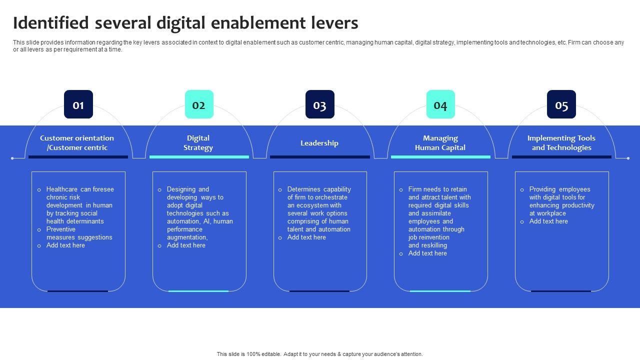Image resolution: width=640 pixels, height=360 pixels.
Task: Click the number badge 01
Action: point(78,104)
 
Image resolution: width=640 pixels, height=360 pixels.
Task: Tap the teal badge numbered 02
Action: point(199,104)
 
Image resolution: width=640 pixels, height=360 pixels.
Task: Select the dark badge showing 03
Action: point(320,104)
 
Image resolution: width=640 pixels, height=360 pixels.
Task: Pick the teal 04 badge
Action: point(440,104)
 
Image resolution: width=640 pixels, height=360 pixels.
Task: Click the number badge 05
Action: point(561,104)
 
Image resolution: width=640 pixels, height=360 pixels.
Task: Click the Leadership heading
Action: point(319,143)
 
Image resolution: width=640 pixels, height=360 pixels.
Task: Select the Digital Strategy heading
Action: point(198,143)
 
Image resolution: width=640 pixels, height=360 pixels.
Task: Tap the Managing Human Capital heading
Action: point(440,143)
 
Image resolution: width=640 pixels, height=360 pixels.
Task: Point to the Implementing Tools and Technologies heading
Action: point(561,143)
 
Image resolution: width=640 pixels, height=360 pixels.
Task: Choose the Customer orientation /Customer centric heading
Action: point(77,143)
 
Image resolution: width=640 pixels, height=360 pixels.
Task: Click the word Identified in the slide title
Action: point(51,23)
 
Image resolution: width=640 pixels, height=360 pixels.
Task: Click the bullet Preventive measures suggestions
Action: point(79,233)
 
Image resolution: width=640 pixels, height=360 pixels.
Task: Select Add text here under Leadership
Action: point(306,237)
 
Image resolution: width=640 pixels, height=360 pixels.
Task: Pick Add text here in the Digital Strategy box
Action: point(186,245)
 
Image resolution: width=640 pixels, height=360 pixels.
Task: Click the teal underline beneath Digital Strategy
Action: point(199,157)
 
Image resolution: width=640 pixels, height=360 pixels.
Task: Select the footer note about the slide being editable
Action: point(319,354)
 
